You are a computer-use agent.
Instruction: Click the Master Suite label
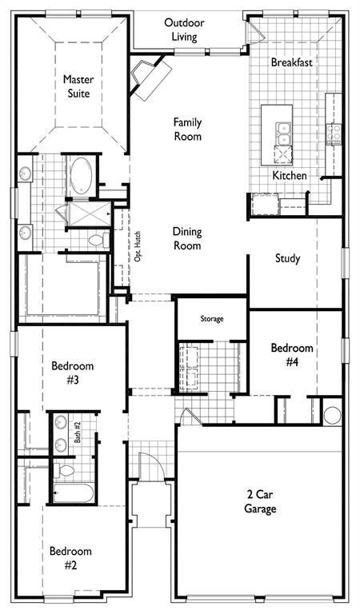(x=78, y=86)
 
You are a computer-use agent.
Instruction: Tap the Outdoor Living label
(x=184, y=30)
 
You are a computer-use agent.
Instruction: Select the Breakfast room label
(x=291, y=62)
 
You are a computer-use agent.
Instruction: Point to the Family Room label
(x=188, y=130)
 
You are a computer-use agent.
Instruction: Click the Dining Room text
(x=187, y=238)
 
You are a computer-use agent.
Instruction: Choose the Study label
(x=287, y=258)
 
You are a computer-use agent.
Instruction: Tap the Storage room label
(x=212, y=319)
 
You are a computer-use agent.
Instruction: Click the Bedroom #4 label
(x=292, y=355)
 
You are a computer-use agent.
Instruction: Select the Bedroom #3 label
(x=73, y=373)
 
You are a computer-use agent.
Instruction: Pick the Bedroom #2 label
(x=70, y=558)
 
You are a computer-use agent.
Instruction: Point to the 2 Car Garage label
(x=260, y=501)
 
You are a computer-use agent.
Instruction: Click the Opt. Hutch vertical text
(x=138, y=247)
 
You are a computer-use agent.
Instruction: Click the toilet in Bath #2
(x=63, y=470)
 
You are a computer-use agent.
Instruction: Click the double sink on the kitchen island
(x=283, y=134)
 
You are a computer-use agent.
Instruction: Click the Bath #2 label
(x=77, y=433)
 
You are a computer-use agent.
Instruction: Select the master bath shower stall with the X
(x=89, y=213)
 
